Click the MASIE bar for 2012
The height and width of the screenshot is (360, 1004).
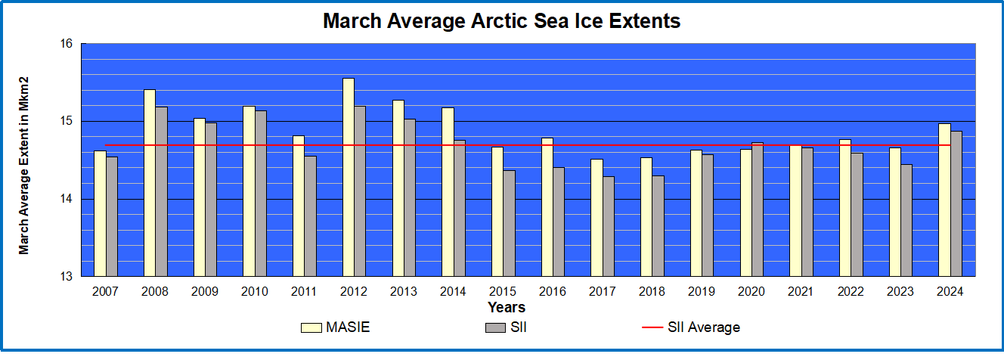coord(349,177)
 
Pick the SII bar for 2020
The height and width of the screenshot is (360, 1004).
coord(758,209)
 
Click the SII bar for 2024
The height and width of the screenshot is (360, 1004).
coord(956,203)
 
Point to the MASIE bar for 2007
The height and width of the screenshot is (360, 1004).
coord(100,213)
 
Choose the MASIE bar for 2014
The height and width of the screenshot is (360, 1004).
coord(448,191)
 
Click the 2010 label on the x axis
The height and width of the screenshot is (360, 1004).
coord(254,291)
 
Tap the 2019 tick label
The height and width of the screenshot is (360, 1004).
coord(702,291)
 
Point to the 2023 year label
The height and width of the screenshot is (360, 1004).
coord(900,291)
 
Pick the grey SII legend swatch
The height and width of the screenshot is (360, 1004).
coord(495,327)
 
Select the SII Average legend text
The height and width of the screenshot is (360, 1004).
coord(704,327)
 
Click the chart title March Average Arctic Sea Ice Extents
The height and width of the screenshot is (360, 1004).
coord(501,20)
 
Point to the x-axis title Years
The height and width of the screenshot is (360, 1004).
coord(507,308)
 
